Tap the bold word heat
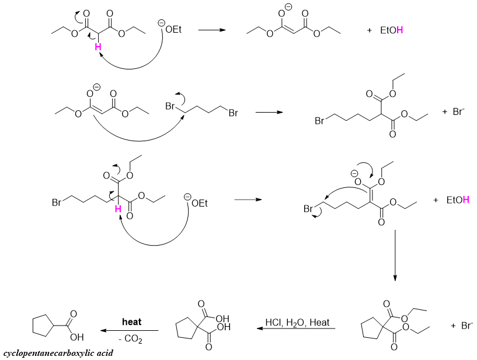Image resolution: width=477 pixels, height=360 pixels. pos(131,321)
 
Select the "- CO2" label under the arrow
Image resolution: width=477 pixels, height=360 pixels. pos(131,338)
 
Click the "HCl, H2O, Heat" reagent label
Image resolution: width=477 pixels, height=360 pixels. pos(297,322)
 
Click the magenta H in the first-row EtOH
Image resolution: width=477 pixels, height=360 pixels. pos(399,30)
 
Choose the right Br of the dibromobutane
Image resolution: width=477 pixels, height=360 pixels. pos(233,113)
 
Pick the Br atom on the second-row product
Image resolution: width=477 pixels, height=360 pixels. pos(319,121)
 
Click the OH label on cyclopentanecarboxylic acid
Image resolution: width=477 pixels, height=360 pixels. pos(78,337)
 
